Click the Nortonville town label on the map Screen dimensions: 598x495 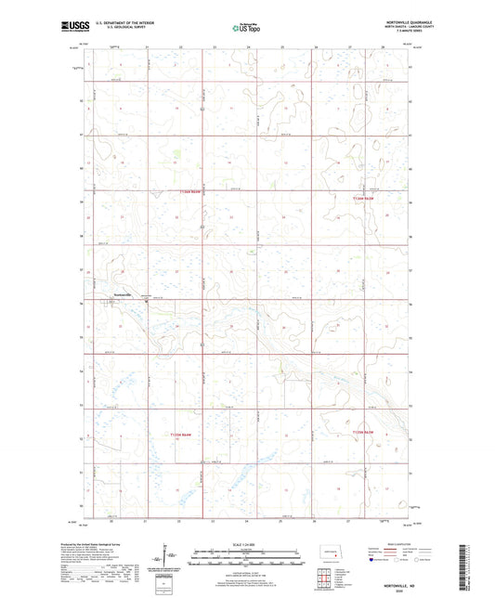123,295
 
